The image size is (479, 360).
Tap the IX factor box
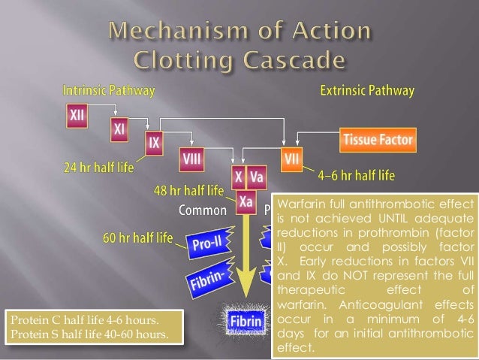[x=155, y=141]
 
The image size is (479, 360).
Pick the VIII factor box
[x=191, y=159]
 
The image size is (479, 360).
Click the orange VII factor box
[x=291, y=159]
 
